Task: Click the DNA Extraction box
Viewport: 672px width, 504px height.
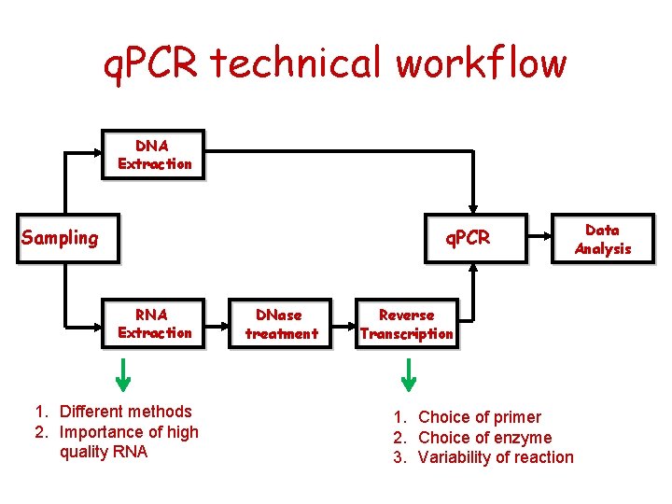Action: click(154, 155)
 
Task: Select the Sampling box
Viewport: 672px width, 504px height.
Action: click(60, 238)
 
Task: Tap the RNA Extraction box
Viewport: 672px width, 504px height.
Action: click(154, 324)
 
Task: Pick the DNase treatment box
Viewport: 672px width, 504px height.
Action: click(281, 324)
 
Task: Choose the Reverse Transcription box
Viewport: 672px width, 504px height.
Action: click(407, 324)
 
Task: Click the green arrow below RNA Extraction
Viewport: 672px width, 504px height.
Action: click(123, 373)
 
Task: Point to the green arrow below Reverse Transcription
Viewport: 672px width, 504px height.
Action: click(408, 373)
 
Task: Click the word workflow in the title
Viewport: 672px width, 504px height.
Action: click(481, 63)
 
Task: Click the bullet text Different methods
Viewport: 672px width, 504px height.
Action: click(125, 412)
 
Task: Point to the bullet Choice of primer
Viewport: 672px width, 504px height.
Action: click(479, 417)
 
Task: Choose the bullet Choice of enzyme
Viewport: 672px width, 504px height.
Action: click(484, 438)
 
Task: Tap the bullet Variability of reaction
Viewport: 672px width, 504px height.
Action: click(496, 457)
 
